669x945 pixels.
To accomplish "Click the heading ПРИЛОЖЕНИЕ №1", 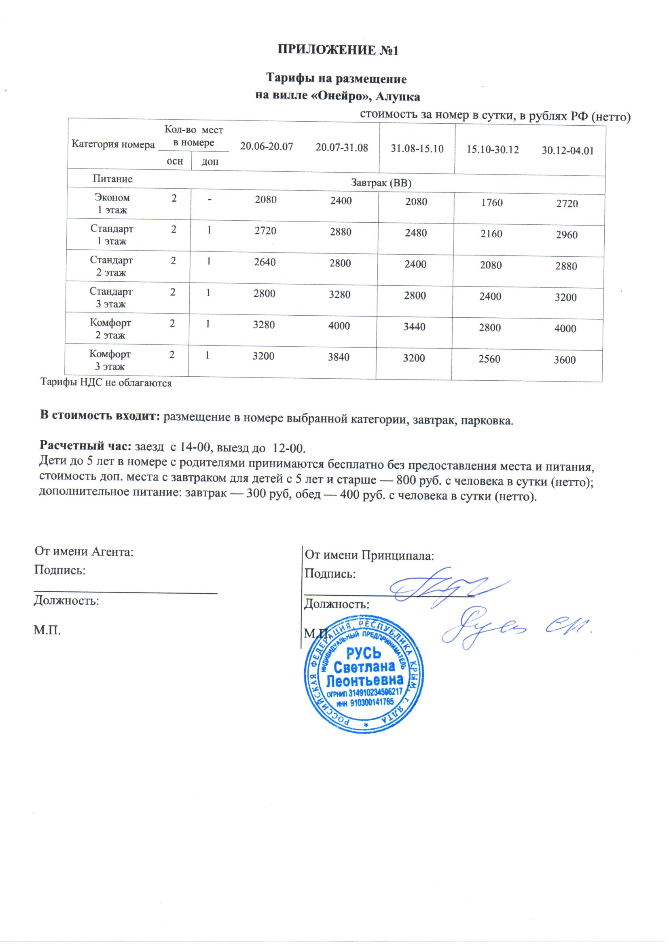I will coord(338,50).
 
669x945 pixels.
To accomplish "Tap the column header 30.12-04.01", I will coord(567,151).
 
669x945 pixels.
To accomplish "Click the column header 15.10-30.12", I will coord(492,150).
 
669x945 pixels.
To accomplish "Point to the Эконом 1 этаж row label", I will coord(112,204).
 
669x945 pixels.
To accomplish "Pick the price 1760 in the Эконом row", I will coord(491,202).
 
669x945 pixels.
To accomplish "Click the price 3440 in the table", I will coord(414,327).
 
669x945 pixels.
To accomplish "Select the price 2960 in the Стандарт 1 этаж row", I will coord(566,235).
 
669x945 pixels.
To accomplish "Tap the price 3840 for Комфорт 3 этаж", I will coord(339,357).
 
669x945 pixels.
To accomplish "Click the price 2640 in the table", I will coord(265,262).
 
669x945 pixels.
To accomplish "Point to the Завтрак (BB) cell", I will coord(381,183).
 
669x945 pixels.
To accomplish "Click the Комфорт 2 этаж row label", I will coord(110,329).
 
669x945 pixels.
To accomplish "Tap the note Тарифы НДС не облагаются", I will coord(106,383).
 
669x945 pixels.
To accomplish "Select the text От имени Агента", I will coord(84,552).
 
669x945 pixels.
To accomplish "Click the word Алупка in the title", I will coord(398,97).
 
